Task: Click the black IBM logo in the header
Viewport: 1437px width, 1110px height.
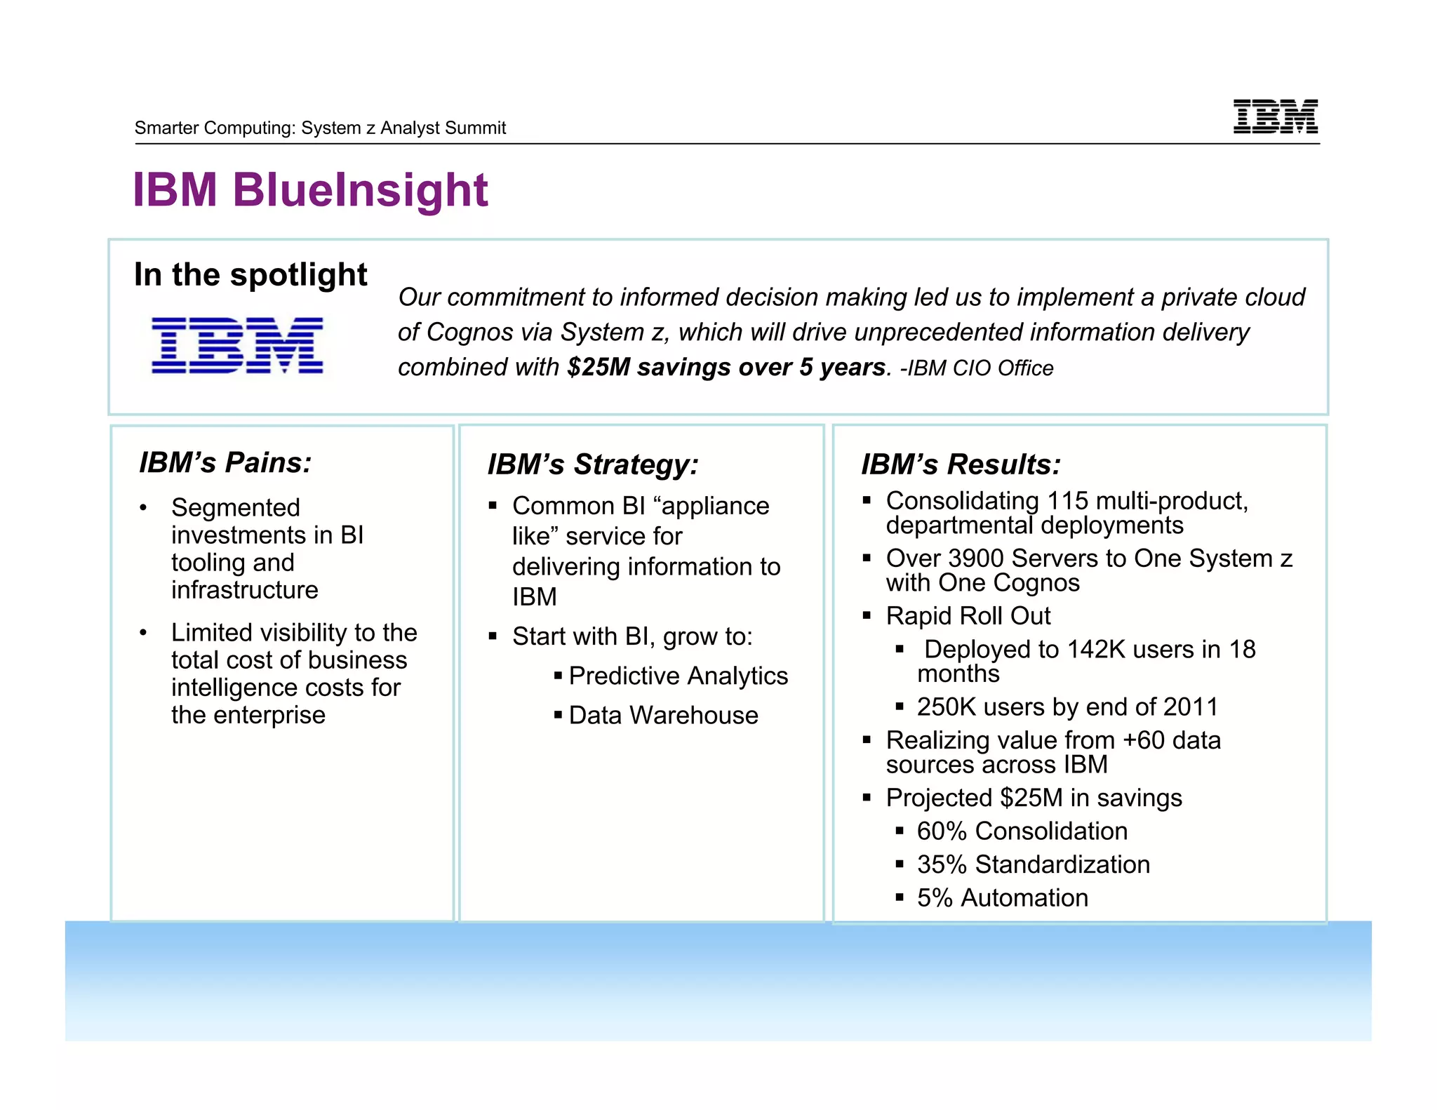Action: coord(1275,116)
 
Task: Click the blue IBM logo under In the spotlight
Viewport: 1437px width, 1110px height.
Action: coord(237,345)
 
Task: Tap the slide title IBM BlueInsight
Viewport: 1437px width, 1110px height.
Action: coord(309,190)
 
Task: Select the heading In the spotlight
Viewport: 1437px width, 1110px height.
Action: coord(250,274)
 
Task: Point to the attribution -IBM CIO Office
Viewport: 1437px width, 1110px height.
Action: coord(977,368)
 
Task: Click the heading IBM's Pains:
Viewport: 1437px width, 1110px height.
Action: coord(225,463)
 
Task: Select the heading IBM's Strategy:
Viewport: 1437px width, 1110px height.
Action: coord(593,464)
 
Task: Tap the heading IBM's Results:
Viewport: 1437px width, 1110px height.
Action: coord(961,464)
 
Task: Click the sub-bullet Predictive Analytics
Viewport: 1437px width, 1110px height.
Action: coord(678,676)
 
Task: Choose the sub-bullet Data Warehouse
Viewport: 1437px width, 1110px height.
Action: coord(663,715)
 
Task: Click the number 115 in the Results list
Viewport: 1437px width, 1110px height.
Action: coord(1067,501)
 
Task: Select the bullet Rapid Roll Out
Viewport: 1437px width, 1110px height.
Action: coord(968,615)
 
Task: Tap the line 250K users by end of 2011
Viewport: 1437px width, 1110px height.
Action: coord(1067,707)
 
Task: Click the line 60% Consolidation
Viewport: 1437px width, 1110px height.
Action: coord(1022,831)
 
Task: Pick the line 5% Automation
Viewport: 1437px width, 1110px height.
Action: coord(1002,897)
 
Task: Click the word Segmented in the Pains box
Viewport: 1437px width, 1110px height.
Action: coord(236,507)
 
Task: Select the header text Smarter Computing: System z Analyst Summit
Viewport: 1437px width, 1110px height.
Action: coord(320,128)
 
